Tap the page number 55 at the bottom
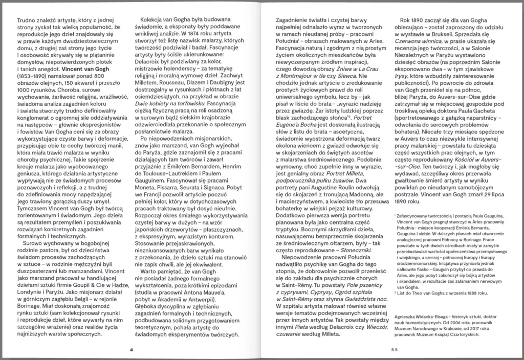(392, 350)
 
